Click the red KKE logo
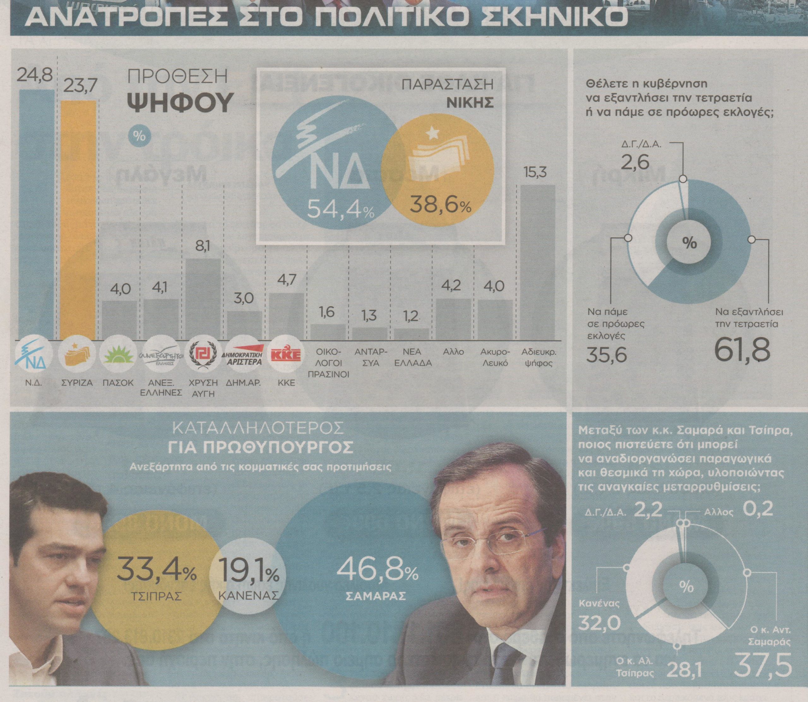286,356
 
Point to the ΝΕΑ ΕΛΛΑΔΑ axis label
413,357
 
